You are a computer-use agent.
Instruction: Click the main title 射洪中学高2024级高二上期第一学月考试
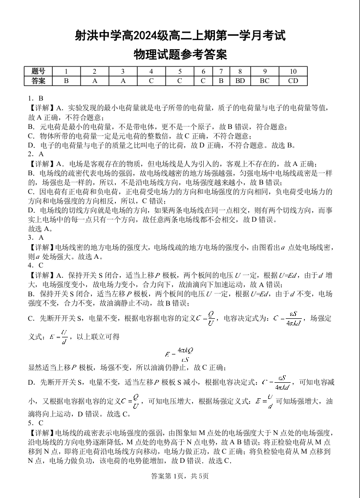[x=180, y=36]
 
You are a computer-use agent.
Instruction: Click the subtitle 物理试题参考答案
[x=180, y=54]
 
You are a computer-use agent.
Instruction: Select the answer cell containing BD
[x=240, y=81]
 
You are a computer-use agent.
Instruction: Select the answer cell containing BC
[x=264, y=81]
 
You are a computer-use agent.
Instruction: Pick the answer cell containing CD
[x=293, y=81]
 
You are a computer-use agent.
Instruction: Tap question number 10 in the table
[x=293, y=71]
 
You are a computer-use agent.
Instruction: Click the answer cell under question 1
[x=66, y=81]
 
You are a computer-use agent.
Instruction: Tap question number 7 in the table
[x=221, y=71]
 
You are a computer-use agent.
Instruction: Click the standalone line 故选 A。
[x=41, y=228]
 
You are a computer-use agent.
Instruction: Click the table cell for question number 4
[x=151, y=71]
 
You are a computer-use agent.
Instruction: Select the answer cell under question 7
[x=221, y=81]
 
